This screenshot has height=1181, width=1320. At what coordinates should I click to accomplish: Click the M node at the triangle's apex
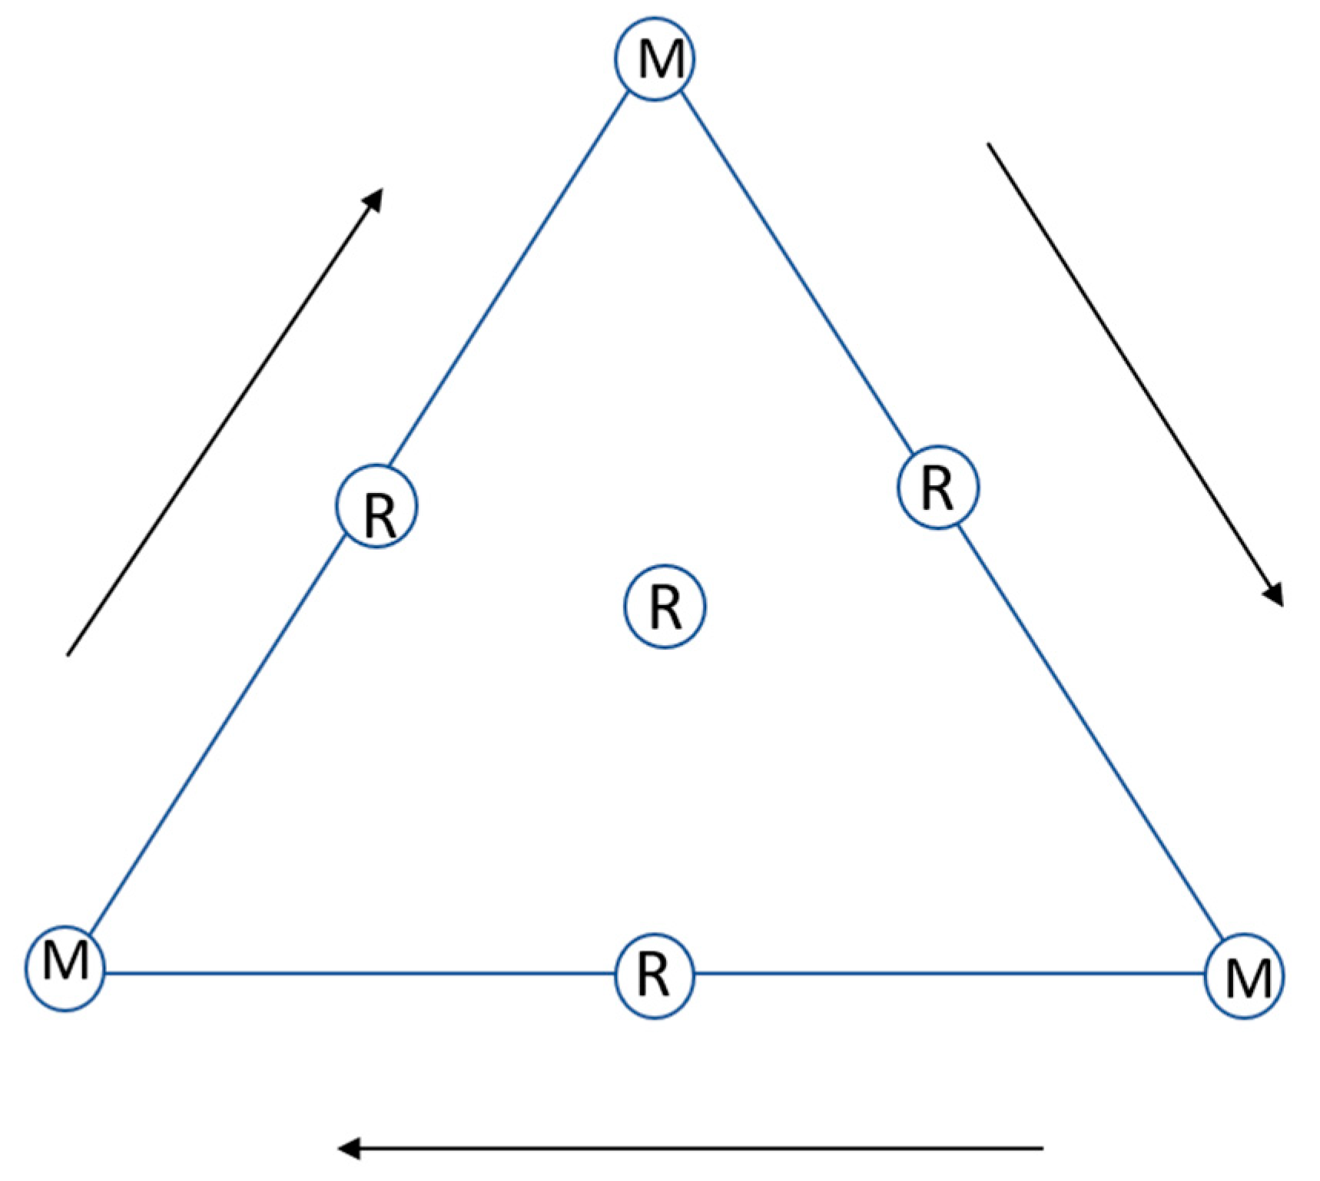coord(655,58)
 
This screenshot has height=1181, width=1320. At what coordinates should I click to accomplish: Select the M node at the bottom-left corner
coord(65,962)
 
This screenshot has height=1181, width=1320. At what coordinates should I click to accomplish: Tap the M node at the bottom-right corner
coord(1243,976)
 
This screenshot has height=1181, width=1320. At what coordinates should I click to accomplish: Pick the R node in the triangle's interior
coord(664,607)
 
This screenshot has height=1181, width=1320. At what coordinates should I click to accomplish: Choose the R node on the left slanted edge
coord(376,506)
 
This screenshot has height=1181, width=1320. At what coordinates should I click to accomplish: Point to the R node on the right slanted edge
coord(938,487)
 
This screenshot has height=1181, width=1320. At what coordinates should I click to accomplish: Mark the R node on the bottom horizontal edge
coord(655,975)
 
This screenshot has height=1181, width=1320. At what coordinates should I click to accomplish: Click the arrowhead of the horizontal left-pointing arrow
coord(347,1148)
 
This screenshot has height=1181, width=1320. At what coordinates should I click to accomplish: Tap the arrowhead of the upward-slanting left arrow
coord(375,197)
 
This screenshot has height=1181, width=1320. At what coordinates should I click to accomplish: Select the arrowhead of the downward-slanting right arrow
coord(1275,597)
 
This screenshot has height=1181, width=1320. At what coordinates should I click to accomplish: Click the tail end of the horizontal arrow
coord(1042,1148)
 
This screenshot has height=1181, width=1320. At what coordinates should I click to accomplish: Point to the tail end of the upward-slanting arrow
coord(68,655)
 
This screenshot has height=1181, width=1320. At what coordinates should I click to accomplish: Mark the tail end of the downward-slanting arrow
coord(988,144)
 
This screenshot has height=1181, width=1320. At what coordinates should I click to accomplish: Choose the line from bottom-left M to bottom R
coord(360,974)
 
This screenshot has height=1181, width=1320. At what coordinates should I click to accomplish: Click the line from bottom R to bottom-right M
coord(949,974)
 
